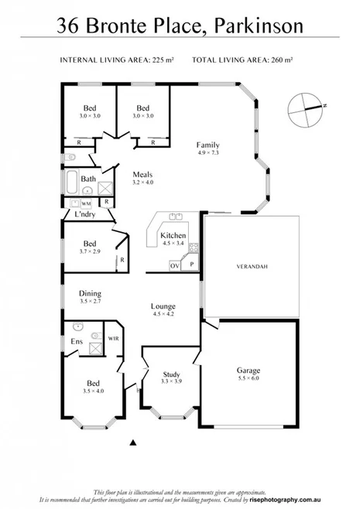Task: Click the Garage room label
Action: coord(249,371)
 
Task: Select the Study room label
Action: coord(171,374)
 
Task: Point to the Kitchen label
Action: coord(172,234)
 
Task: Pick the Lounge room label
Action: coord(163,306)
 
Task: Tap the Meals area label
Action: coord(142,174)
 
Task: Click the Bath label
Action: coord(88,179)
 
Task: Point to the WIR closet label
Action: coord(112,338)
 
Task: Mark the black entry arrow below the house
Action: coord(133,442)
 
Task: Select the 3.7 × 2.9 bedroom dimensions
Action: coord(90,251)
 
